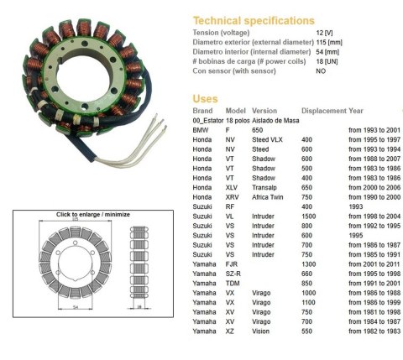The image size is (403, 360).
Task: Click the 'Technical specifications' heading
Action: point(254,19)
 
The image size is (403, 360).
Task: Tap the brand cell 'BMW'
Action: point(200,130)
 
